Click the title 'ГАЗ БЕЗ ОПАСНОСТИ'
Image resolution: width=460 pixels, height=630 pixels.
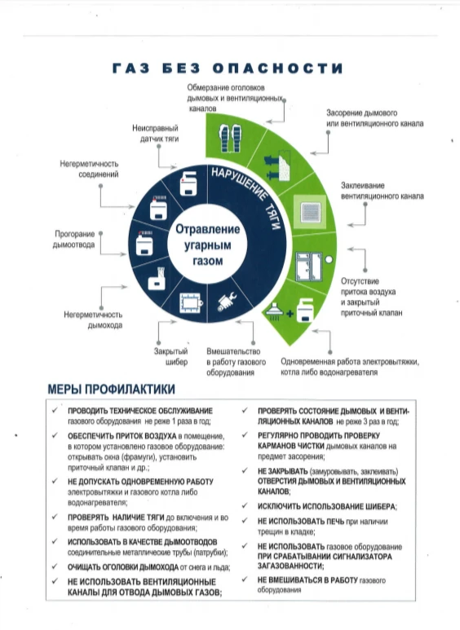click(228, 68)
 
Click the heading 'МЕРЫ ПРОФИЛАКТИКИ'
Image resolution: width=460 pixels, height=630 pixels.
click(112, 389)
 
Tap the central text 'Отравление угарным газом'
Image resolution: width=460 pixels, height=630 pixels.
click(207, 245)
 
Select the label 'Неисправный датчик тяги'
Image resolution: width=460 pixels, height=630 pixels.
click(155, 134)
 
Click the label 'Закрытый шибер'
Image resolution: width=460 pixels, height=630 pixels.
click(171, 356)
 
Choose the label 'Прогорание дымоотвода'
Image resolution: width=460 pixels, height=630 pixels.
click(74, 239)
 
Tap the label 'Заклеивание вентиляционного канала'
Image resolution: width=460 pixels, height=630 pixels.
click(382, 191)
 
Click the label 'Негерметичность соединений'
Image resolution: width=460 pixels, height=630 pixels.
click(89, 169)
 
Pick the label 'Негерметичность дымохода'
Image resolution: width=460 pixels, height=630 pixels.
click(93, 319)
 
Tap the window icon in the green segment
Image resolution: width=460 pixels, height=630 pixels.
click(309, 266)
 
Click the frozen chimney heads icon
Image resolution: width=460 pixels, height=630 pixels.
click(231, 139)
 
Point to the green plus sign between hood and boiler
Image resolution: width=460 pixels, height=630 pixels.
click(290, 313)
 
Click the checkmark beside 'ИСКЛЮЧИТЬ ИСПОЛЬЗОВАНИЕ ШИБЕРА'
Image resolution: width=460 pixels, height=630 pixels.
click(245, 505)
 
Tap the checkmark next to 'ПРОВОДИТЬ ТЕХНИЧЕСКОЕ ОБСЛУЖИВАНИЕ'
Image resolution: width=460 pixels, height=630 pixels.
click(55, 410)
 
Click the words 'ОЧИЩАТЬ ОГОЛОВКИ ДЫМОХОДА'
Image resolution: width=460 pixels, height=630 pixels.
click(123, 567)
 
